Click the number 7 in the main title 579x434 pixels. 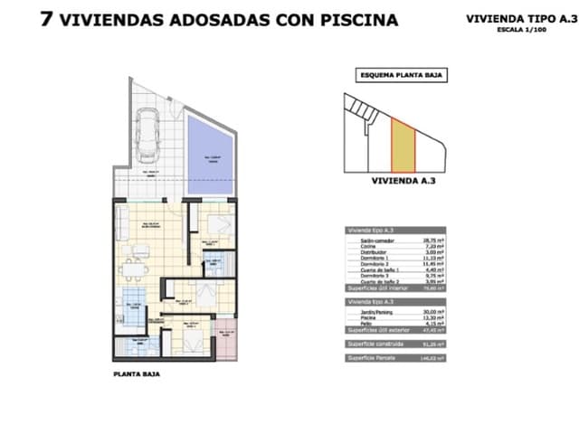click(46, 19)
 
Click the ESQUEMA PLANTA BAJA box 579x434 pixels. click(402, 76)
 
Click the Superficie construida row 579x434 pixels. click(396, 343)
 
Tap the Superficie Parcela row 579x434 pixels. click(396, 359)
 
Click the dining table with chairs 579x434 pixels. click(134, 269)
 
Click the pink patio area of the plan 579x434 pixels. click(226, 339)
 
